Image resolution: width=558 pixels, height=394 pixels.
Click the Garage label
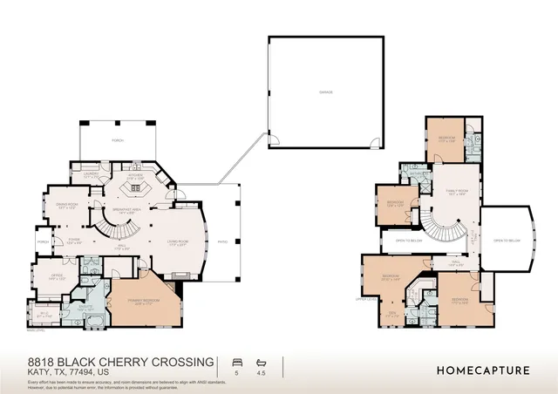326,92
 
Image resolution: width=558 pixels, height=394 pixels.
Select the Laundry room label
90,174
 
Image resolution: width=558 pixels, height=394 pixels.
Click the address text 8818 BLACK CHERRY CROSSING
120,360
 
